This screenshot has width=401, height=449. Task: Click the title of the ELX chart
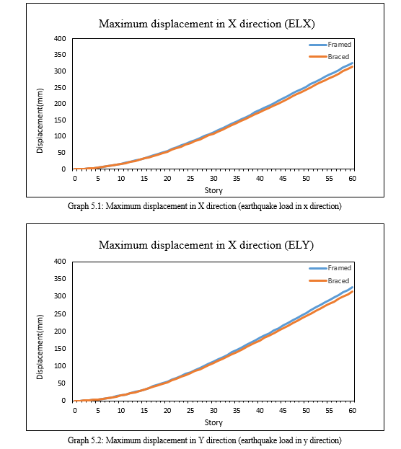click(207, 24)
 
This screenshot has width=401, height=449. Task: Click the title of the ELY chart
click(206, 245)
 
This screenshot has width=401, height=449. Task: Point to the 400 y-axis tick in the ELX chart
click(60, 39)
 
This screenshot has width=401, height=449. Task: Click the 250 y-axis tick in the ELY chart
click(60, 314)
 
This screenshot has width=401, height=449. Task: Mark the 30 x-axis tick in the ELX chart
click(213, 179)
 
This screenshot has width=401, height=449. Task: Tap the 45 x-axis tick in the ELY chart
click(283, 410)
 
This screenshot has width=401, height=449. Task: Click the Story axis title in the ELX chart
click(213, 190)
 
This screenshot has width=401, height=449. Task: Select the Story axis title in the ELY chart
click(213, 422)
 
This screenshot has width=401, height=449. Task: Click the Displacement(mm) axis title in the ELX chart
click(40, 120)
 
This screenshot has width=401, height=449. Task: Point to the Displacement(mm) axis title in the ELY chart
click(40, 347)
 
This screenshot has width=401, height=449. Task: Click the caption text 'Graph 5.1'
click(85, 206)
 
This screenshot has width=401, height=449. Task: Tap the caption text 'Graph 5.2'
click(85, 440)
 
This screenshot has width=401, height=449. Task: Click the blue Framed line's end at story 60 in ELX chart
click(352, 63)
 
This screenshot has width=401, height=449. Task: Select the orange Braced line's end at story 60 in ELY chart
click(352, 291)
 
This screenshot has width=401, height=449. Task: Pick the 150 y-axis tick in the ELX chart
click(60, 120)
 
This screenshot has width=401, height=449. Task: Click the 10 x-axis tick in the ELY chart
click(121, 410)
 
